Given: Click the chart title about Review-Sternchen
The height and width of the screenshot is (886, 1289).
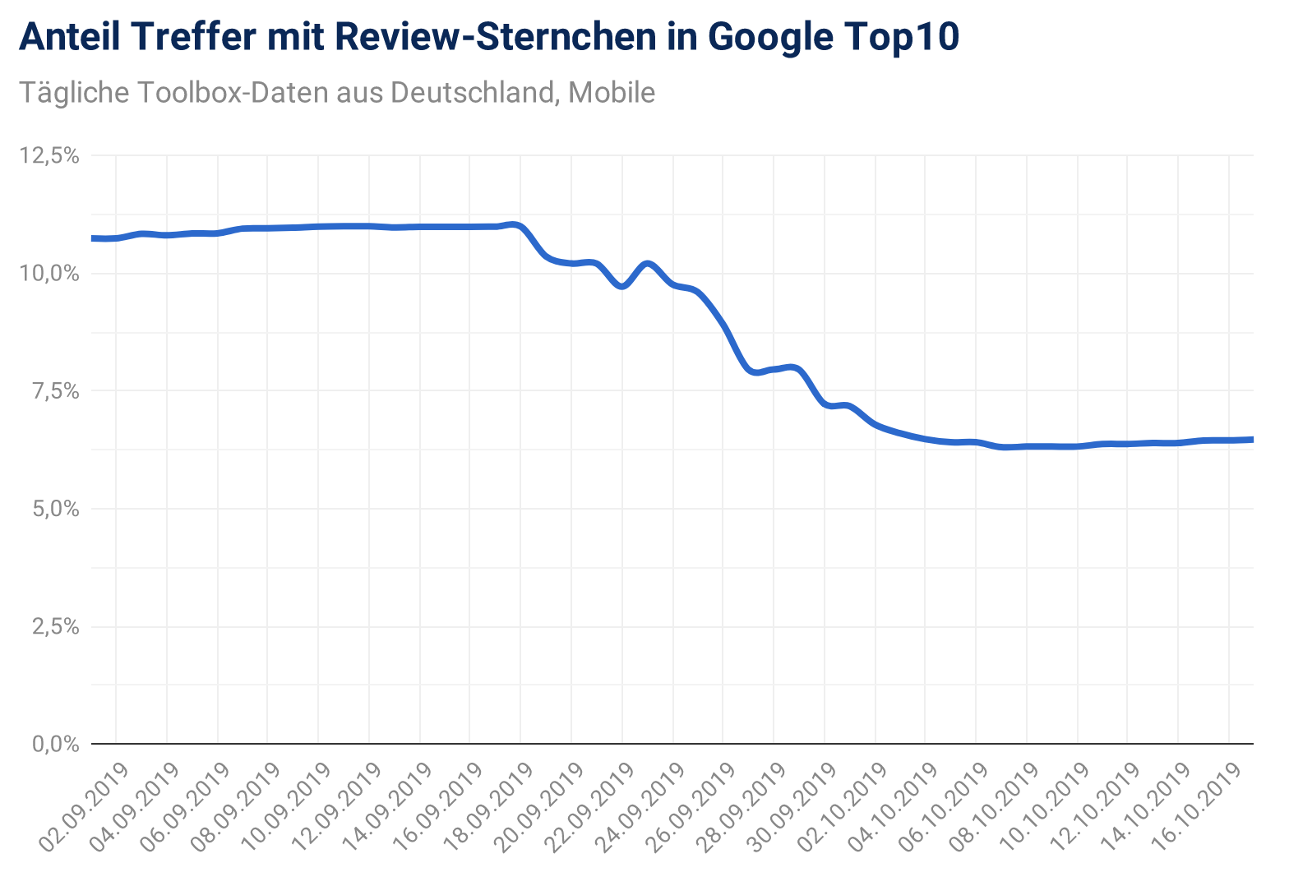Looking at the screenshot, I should pos(488,38).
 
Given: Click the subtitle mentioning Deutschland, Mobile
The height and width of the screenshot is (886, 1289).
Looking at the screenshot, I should pos(337,93).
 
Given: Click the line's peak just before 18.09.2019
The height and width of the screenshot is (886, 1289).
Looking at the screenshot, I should pos(515,224).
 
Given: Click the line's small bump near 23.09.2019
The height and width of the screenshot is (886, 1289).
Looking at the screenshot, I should pos(648,264).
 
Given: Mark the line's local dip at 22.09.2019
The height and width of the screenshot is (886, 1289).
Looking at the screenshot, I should pos(622,286).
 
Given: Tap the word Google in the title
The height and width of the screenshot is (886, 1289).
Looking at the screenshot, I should pos(768,38).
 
